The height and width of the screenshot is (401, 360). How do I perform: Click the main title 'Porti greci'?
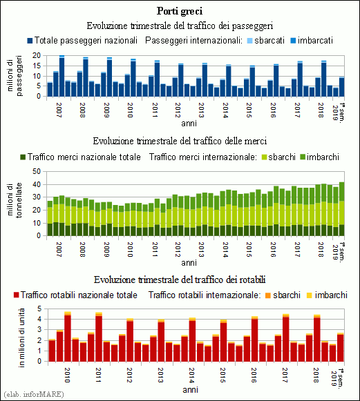pyautogui.click(x=180, y=11)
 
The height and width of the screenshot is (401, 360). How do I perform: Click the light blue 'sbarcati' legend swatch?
pyautogui.click(x=250, y=41)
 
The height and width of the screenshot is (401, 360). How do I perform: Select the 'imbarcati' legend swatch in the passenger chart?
pyautogui.click(x=293, y=41)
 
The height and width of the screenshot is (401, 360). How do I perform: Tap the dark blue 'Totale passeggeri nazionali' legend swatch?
pyautogui.click(x=30, y=41)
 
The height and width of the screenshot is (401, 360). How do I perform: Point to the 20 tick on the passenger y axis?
pyautogui.click(x=37, y=55)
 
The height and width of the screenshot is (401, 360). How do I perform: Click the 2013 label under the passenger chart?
pyautogui.click(x=201, y=110)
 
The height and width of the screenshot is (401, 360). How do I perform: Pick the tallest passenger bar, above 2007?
pyautogui.click(x=61, y=76)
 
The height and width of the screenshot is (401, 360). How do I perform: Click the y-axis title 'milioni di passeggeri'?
pyautogui.click(x=15, y=76)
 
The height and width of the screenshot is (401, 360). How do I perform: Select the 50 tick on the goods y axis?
pyautogui.click(x=37, y=171)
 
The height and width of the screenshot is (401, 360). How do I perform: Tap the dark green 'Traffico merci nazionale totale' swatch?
pyautogui.click(x=23, y=157)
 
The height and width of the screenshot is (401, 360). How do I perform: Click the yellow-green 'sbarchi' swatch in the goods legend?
pyautogui.click(x=264, y=157)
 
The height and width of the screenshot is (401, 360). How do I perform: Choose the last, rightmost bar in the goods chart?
pyautogui.click(x=341, y=209)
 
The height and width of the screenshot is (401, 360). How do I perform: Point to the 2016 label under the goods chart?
pyautogui.click(x=273, y=250)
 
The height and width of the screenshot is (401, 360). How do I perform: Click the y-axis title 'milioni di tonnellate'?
pyautogui.click(x=15, y=200)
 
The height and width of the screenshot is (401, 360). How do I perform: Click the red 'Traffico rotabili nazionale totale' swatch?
pyautogui.click(x=17, y=295)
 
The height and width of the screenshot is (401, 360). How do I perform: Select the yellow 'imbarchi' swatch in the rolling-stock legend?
pyautogui.click(x=310, y=295)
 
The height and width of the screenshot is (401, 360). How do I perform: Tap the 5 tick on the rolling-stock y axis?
pyautogui.click(x=39, y=309)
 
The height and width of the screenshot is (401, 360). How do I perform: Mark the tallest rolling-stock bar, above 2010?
pyautogui.click(x=68, y=337)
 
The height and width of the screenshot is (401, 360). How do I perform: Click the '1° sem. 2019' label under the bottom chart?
pyautogui.click(x=337, y=378)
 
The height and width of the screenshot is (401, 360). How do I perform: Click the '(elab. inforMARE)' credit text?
pyautogui.click(x=34, y=394)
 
